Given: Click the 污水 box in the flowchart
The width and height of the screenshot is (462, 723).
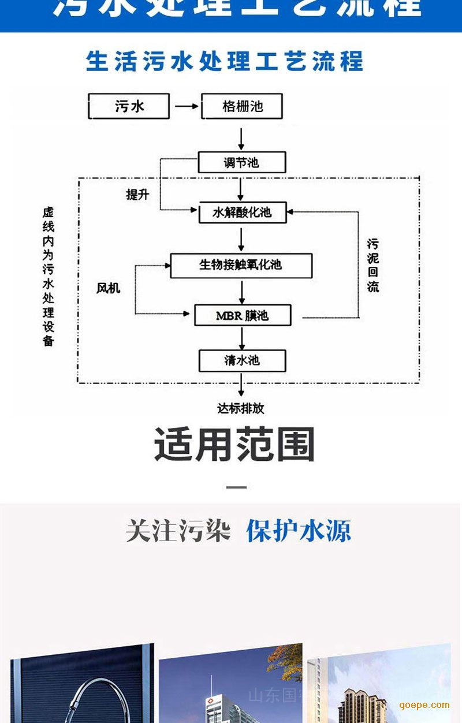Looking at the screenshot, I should (x=129, y=107).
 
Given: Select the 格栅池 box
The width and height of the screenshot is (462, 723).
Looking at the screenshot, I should (x=242, y=107).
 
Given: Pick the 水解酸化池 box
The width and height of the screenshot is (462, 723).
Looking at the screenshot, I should (x=241, y=213).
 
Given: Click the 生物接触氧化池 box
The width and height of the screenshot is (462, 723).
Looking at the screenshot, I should (x=241, y=265).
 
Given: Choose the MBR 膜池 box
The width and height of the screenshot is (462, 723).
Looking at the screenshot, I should (x=242, y=316).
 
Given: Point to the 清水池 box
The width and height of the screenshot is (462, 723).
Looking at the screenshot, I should (x=242, y=361).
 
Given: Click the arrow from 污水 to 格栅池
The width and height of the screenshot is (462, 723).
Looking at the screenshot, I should (x=186, y=107).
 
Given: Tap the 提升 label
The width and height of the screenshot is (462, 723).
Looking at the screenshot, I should (x=137, y=195).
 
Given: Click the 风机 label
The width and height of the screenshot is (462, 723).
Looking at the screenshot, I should (x=109, y=288).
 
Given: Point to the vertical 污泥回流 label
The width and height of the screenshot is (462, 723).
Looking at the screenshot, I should (x=373, y=265).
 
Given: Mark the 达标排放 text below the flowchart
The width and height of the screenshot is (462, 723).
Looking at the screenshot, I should (x=241, y=408).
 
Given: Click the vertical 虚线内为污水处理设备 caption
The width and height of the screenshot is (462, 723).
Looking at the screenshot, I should (x=49, y=277).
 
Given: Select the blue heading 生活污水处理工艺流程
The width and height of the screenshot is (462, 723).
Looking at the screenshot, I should (x=225, y=61).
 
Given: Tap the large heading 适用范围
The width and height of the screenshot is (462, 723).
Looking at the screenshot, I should (x=234, y=445).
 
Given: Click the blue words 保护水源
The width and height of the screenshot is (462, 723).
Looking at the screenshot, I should (x=298, y=531).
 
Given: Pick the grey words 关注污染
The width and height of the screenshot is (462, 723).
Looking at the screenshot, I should (x=178, y=531).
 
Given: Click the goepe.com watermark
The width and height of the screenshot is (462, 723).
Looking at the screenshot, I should (x=424, y=705).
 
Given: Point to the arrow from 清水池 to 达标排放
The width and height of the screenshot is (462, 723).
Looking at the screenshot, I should (x=241, y=385).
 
